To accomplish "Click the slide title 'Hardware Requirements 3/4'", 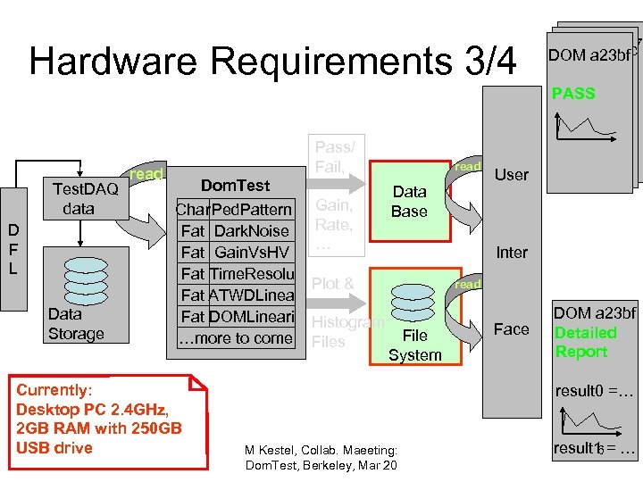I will pos(272,61).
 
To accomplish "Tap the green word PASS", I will pos(572,94).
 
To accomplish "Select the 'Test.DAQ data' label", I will pos(85,198).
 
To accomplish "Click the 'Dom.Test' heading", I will pos(235,186).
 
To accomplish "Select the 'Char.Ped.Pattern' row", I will pos(234,210).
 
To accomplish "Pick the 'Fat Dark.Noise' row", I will pos(234,231).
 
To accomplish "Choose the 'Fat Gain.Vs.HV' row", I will pos(234,253).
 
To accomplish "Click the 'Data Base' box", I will pos(409,202).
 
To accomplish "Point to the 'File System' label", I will pos(414,345).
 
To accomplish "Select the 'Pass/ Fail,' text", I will pos(335,156).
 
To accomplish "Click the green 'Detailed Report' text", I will pos(585,342).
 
